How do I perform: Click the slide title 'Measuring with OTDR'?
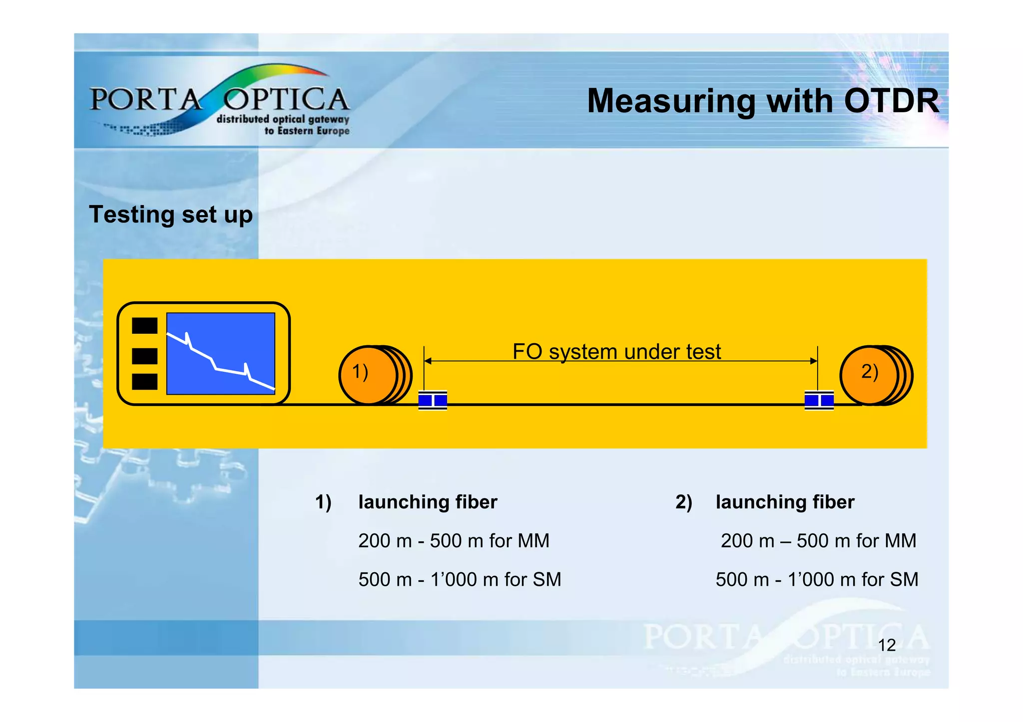coord(763,101)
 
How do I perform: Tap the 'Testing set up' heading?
coord(171,215)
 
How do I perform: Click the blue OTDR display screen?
coord(220,353)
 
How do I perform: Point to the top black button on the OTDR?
coord(144,326)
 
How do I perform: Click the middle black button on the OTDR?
coord(144,356)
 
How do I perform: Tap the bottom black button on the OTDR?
coord(144,382)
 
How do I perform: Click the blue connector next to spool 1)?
coord(433,400)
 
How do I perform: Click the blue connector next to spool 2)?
coord(819,400)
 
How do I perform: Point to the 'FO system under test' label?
coord(616,352)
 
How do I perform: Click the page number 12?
coord(887,645)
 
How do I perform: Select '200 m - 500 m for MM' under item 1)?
coord(454,541)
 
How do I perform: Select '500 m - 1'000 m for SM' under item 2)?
coord(817,580)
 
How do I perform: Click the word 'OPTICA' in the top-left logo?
coord(286,99)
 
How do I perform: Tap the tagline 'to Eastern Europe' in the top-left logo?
coord(307,131)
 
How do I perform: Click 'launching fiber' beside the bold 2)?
coord(785,502)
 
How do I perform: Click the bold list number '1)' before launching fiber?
coord(323,502)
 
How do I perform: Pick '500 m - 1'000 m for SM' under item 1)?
coord(460,580)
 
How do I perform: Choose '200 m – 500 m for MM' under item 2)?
coord(818,541)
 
